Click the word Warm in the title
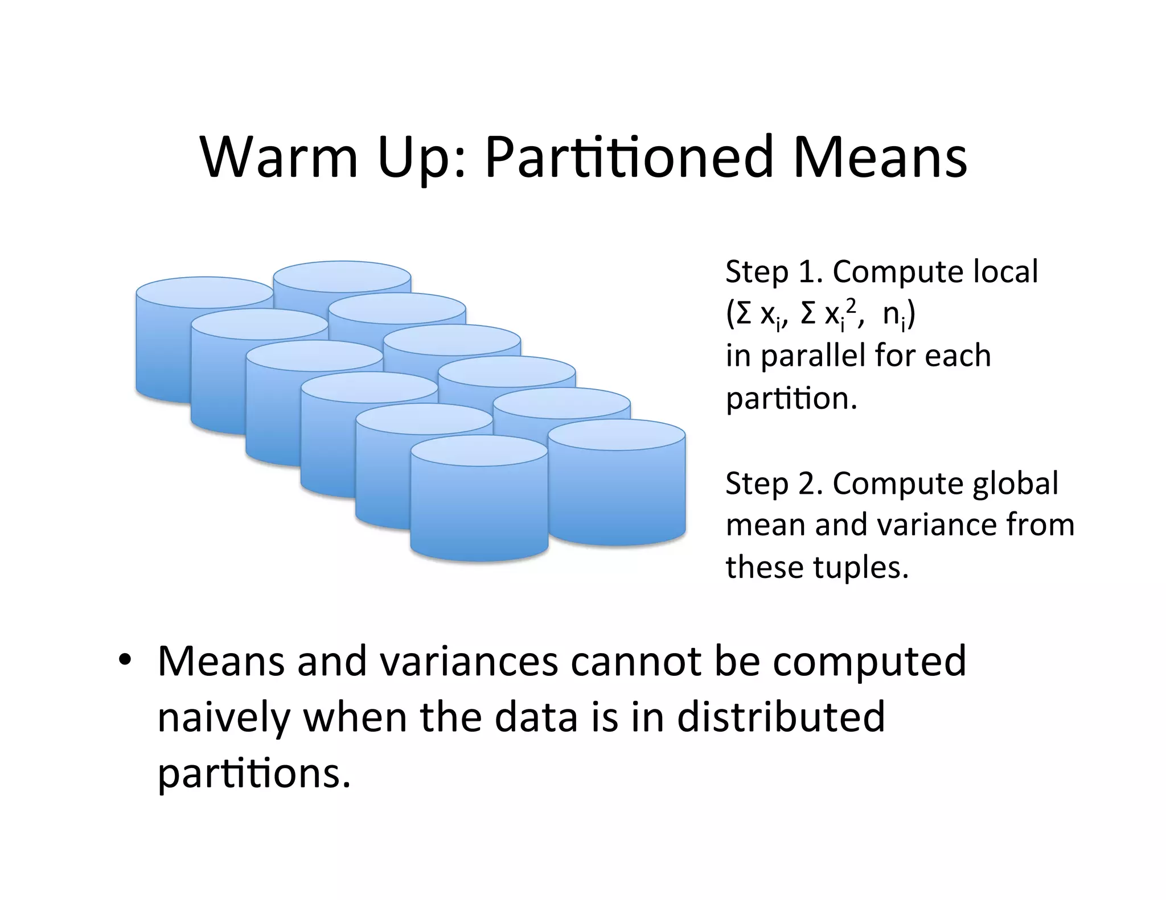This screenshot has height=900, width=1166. (x=279, y=156)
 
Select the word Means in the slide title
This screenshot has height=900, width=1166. (x=879, y=156)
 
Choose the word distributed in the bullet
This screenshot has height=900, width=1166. (x=781, y=717)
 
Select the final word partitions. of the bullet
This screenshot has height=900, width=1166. (x=254, y=774)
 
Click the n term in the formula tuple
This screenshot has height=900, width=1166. (x=891, y=315)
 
